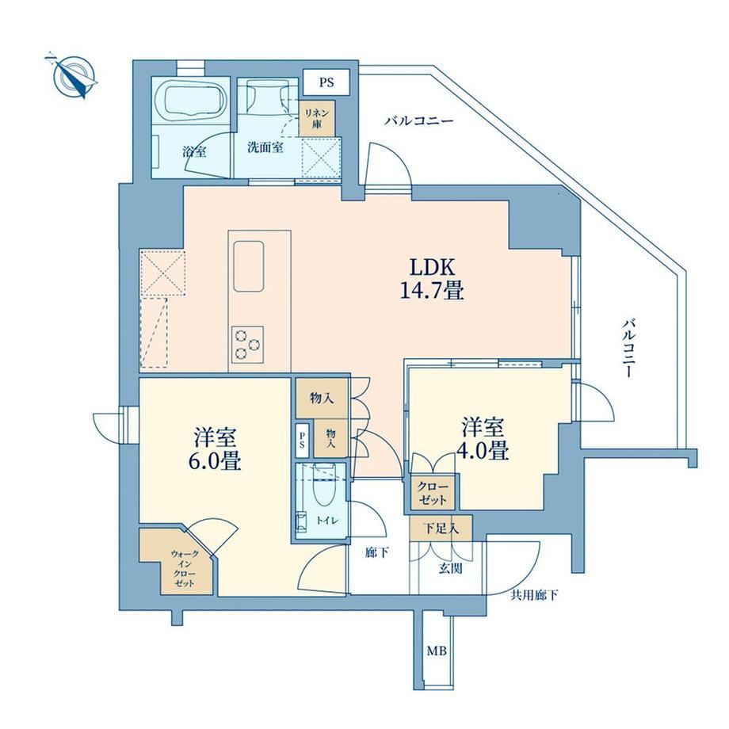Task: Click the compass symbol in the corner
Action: pos(74,76)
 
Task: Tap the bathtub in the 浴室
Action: pos(189,103)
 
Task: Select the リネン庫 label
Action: pos(317,119)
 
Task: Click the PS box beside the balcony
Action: pos(326,82)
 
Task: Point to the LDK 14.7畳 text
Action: pos(432,279)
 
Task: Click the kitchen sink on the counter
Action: pos(248,266)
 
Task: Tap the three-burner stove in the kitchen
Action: pos(248,344)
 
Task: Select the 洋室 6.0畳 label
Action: pos(215,448)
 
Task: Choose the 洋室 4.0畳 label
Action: pos(483,438)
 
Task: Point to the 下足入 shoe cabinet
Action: pos(441,529)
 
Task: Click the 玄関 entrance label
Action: pos(450,567)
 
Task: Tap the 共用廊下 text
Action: pos(534,595)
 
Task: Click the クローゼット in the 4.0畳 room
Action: pos(433,494)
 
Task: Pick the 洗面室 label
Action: pos(265,148)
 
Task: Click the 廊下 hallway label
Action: pos(376,553)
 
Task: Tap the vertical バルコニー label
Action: pos(629,348)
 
